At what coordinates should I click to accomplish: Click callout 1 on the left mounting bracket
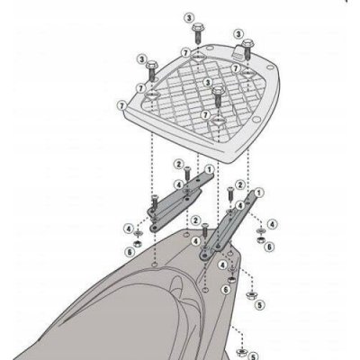[209, 170]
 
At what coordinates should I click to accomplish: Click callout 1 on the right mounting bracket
[258, 193]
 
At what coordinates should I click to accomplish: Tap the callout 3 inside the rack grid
[207, 82]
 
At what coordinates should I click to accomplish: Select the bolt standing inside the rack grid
[218, 96]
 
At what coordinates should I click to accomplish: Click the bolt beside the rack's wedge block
[248, 49]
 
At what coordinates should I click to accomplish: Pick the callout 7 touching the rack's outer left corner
[121, 106]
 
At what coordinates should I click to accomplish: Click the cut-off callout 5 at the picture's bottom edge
[254, 356]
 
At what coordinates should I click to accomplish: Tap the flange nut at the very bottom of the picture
[240, 352]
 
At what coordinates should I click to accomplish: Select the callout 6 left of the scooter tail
[130, 252]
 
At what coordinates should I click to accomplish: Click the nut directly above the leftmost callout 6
[138, 242]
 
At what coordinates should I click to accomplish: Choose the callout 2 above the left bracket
[179, 164]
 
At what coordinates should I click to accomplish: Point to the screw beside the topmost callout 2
[187, 173]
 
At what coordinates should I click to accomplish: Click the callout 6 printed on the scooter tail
[226, 290]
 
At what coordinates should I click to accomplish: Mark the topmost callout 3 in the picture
[189, 18]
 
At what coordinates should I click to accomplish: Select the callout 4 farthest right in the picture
[272, 224]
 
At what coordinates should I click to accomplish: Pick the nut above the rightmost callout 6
[260, 239]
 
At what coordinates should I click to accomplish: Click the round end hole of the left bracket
[155, 228]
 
